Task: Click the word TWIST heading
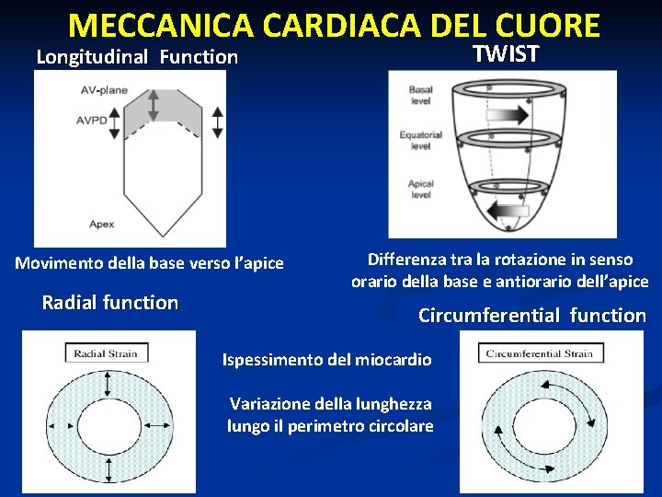click(505, 52)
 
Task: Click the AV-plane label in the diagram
click(104, 90)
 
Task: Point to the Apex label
click(102, 224)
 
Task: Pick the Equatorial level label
click(420, 140)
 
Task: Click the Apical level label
click(421, 189)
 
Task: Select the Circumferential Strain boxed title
click(539, 353)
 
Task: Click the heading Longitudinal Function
click(137, 57)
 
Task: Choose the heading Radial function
click(110, 302)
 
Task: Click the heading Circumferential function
click(532, 316)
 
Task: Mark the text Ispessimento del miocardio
click(326, 360)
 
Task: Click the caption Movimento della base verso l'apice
click(150, 263)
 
